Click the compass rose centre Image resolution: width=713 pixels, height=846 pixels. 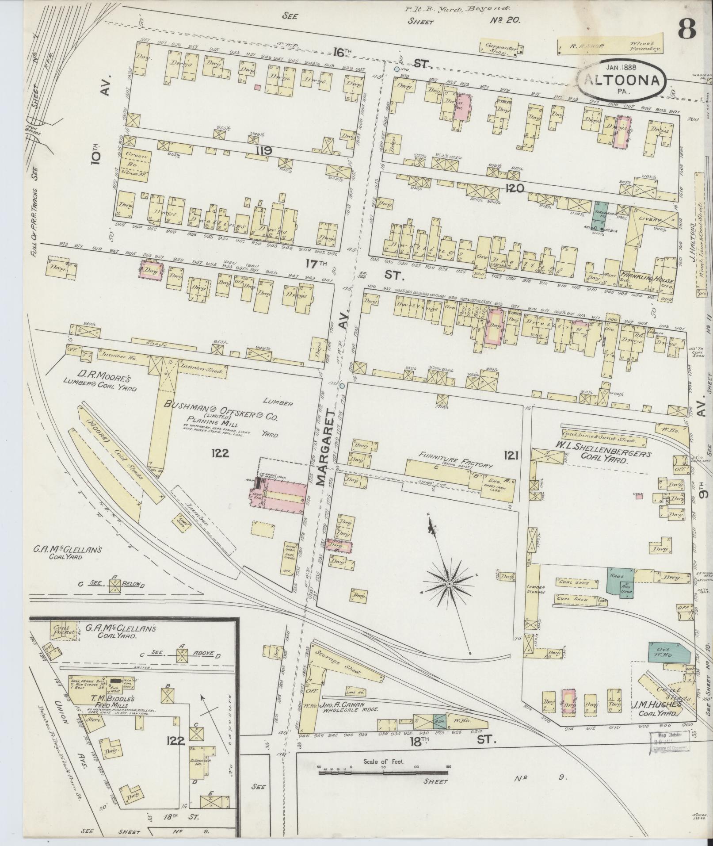449,584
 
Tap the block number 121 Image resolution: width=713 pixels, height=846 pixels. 510,455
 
